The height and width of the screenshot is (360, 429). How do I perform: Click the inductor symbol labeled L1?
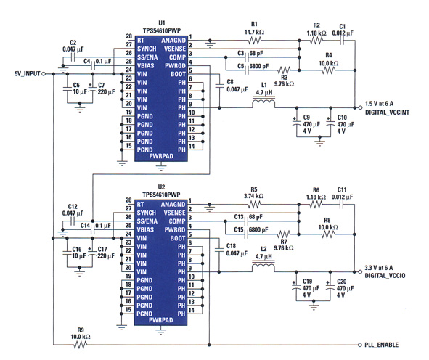click(x=263, y=102)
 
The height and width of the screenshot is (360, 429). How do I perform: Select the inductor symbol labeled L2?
click(x=263, y=266)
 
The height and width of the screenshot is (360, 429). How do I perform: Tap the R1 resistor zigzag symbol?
click(x=255, y=41)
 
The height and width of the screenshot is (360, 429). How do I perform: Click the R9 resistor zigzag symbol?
click(x=80, y=345)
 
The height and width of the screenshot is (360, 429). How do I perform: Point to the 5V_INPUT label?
click(x=28, y=74)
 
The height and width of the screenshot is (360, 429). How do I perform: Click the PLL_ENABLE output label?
click(x=381, y=345)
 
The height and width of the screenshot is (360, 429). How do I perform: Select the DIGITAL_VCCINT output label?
click(x=387, y=112)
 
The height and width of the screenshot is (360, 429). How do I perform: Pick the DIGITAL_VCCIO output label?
click(x=385, y=276)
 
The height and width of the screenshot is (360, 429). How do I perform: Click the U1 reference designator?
click(x=162, y=23)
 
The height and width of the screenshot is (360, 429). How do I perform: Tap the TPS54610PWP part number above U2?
click(x=161, y=195)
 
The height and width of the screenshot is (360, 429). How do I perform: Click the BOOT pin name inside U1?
click(x=178, y=74)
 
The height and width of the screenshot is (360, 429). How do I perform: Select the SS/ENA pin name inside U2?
click(x=147, y=221)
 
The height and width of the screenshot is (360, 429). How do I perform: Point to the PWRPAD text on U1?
click(x=161, y=156)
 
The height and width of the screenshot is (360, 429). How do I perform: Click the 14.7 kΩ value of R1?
click(x=254, y=32)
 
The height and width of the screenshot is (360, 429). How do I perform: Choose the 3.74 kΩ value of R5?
click(x=253, y=196)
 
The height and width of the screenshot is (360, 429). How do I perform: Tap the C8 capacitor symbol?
click(x=219, y=86)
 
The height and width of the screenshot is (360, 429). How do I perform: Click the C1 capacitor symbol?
click(x=342, y=41)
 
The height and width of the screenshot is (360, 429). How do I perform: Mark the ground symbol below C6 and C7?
click(x=80, y=107)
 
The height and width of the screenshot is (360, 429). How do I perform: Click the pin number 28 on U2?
click(x=128, y=200)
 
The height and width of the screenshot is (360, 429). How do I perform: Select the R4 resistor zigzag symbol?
click(x=328, y=70)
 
